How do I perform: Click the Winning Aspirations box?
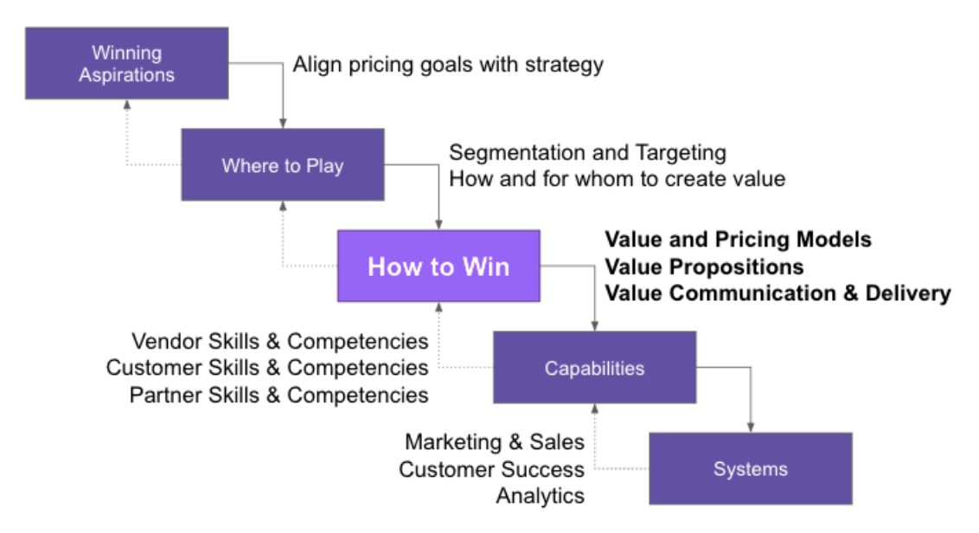point(126,63)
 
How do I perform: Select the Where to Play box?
point(282,165)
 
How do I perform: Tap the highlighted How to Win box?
point(438,266)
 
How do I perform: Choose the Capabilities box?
point(594,368)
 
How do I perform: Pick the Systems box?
point(750,469)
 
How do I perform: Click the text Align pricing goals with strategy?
point(448,65)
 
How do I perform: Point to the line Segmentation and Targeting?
point(587,153)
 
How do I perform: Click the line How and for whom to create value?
point(617,179)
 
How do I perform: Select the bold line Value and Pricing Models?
point(738,239)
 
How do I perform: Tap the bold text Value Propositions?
point(704,266)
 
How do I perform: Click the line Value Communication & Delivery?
point(777,292)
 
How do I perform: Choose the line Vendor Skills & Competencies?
point(279,341)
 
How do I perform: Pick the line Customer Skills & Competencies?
point(267,368)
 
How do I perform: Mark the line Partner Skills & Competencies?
point(279,395)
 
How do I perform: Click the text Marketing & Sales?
point(494,442)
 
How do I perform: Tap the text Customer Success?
point(491,469)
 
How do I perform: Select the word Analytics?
point(540,496)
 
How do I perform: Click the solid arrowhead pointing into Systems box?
point(750,427)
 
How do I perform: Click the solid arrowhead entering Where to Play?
point(283,123)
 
